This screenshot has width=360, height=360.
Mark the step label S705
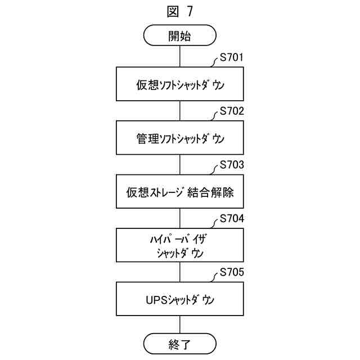coord(232,273)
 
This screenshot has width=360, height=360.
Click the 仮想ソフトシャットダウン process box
coord(180,85)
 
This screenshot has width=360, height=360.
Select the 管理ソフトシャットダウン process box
coord(180,138)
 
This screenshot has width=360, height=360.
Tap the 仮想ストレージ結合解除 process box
coord(180,192)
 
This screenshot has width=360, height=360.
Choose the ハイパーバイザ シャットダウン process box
coord(180,245)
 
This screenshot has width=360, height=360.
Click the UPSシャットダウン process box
coord(180,299)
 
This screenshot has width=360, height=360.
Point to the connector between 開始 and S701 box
coord(180,57)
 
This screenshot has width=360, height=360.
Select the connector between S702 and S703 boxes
coord(180,165)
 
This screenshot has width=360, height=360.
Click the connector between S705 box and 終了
coord(180,325)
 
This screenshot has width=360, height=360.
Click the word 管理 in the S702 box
coord(145,138)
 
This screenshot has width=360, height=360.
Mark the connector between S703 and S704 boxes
coord(180,218)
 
